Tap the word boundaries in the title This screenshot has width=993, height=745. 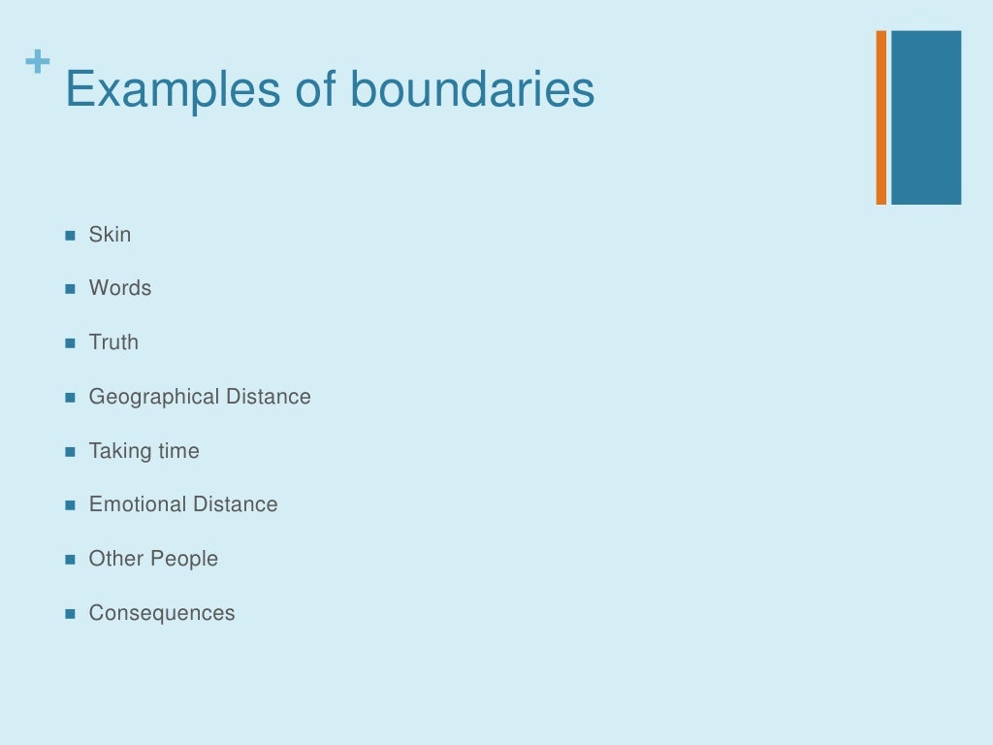[x=472, y=90]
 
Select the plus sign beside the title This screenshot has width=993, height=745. [x=38, y=63]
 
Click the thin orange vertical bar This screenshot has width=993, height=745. [x=881, y=117]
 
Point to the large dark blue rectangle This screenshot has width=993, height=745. [x=926, y=117]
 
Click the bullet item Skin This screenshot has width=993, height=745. [x=110, y=235]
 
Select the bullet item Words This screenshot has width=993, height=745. [x=120, y=288]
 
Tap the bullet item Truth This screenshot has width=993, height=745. [x=113, y=342]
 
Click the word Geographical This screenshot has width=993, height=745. [x=154, y=397]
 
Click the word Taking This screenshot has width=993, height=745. [x=115, y=451]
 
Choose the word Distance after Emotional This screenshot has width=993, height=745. [x=236, y=504]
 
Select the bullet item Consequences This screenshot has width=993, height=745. [x=162, y=613]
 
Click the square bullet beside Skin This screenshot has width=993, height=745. [x=70, y=236]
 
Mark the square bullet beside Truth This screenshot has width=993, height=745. [x=70, y=343]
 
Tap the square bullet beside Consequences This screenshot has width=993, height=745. [x=70, y=614]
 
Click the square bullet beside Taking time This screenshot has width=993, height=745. [x=70, y=452]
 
